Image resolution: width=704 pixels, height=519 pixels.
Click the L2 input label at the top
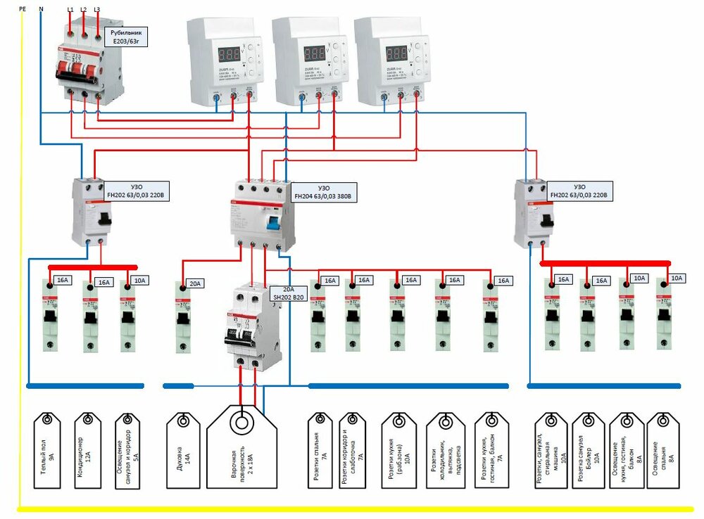[x=84, y=8]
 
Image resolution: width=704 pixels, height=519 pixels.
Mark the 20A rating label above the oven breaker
[x=194, y=284]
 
